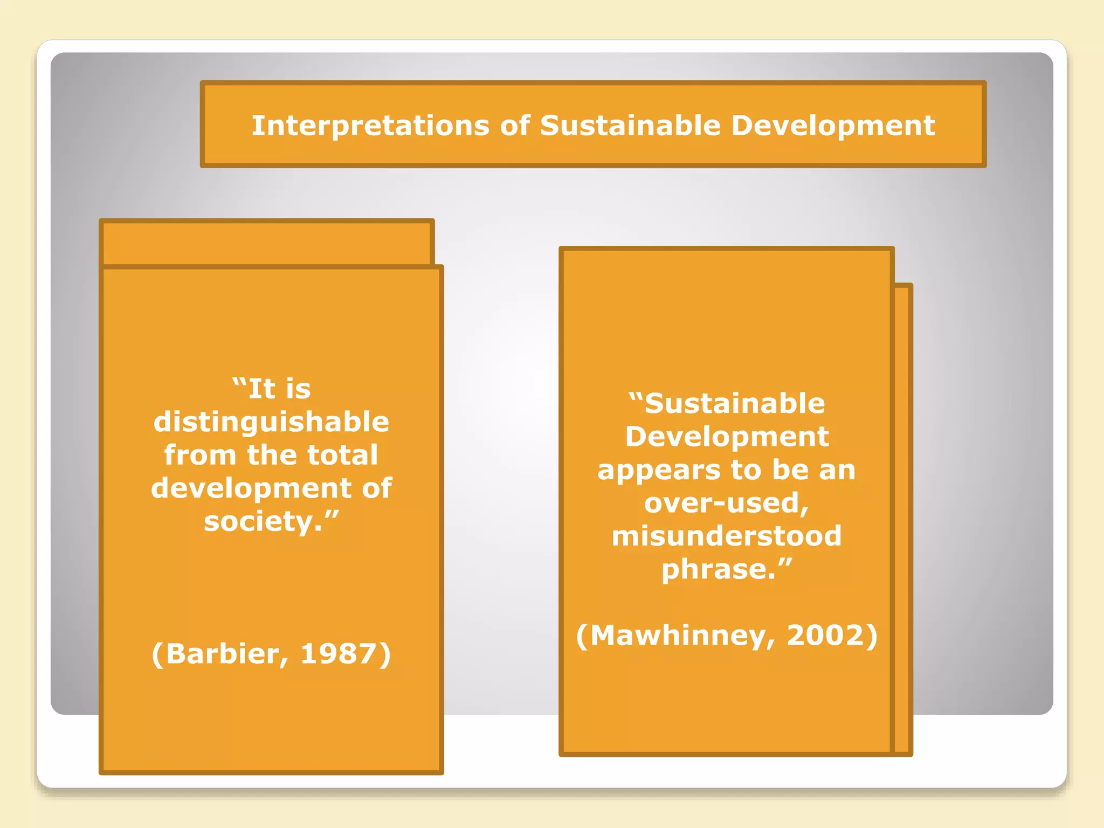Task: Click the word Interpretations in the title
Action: tap(370, 126)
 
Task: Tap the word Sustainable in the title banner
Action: tap(630, 126)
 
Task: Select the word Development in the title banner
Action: tap(833, 126)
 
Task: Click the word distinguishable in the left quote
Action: tap(271, 422)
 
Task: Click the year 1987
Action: tap(339, 654)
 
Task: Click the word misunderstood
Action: tap(727, 536)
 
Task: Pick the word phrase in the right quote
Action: tap(719, 570)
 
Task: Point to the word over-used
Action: tap(726, 503)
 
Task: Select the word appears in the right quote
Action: tap(658, 470)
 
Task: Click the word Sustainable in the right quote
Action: tap(734, 404)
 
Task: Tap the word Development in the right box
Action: tap(727, 437)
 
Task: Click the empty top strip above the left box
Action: tap(267, 243)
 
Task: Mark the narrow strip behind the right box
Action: tap(902, 517)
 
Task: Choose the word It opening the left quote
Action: tap(262, 389)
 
